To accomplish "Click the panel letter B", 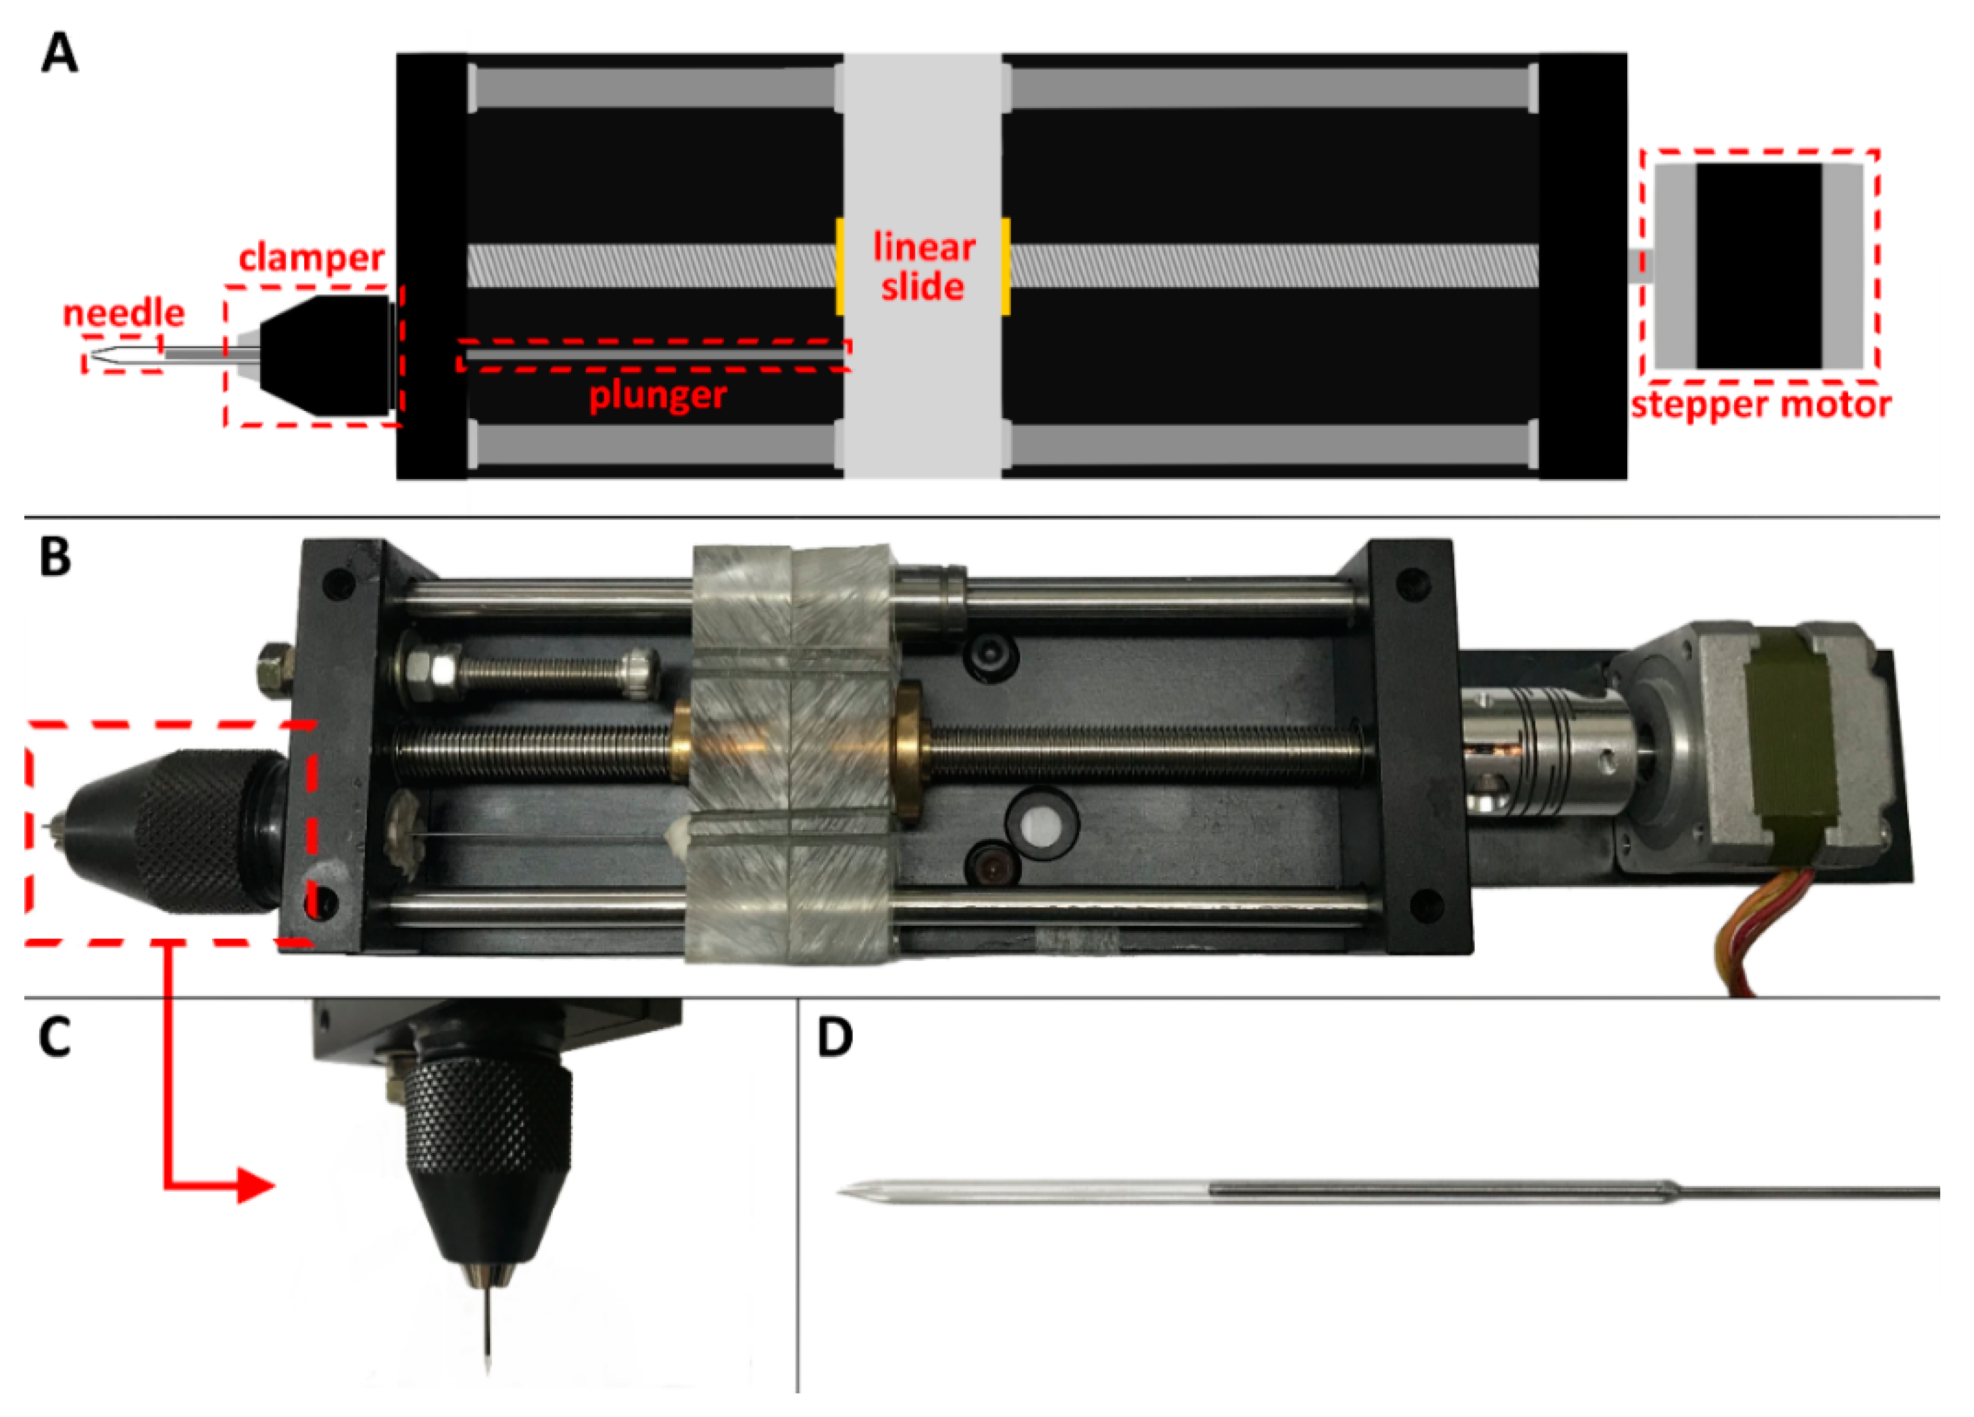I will (55, 557).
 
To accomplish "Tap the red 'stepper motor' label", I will (1760, 405).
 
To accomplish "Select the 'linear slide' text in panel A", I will (922, 267).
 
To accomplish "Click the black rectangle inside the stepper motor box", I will (1758, 266).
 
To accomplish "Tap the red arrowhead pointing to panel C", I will (256, 1185).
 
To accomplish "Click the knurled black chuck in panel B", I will (187, 831).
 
